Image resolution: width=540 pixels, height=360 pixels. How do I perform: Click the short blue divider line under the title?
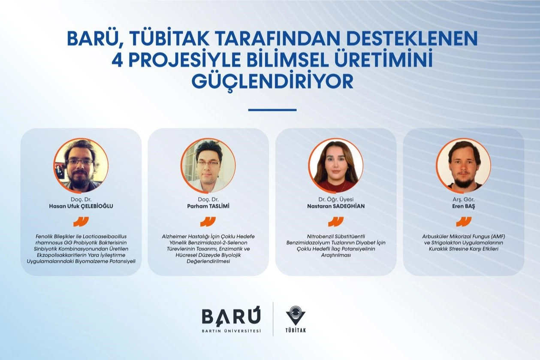[x=272, y=110]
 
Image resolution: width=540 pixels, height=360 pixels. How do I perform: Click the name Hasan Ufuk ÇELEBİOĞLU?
[x=81, y=206]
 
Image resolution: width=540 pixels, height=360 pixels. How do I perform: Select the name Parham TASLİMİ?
[x=208, y=206]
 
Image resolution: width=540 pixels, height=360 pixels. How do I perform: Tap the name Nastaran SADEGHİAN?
[x=336, y=206]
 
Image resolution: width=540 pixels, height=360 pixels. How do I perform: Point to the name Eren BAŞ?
[x=463, y=207]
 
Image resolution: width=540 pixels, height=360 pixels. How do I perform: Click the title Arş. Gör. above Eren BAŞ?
[x=463, y=200]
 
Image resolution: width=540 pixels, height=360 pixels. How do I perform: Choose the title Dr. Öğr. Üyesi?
[x=336, y=200]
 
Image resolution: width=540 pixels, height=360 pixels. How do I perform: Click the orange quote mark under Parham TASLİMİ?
[x=208, y=222]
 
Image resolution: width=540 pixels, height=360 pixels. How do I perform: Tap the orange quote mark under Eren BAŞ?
[x=464, y=222]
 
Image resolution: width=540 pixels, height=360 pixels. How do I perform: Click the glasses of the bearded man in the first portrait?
[x=81, y=162]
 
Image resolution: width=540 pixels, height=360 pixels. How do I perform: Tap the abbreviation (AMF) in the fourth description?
[x=497, y=236]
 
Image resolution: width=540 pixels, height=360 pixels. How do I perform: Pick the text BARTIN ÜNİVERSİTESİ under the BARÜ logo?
[x=232, y=331]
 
